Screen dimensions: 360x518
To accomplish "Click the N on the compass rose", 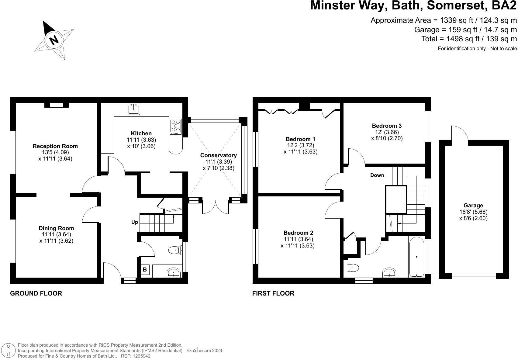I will (x=54, y=40).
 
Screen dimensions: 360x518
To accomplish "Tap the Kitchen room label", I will (x=141, y=133).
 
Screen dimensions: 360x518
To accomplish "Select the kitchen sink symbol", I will (x=133, y=109).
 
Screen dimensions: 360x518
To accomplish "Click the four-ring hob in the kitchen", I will (x=176, y=126).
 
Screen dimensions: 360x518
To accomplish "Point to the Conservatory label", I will (x=218, y=155).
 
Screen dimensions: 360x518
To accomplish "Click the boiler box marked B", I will (x=145, y=269).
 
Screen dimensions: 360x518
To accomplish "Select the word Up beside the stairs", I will (x=135, y=222).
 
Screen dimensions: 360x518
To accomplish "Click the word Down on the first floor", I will (x=377, y=175).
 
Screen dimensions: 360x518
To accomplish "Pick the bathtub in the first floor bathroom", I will (x=416, y=257).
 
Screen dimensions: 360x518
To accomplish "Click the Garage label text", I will (x=473, y=206).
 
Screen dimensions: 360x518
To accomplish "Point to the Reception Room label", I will (x=55, y=146).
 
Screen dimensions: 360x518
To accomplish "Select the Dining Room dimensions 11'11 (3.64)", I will (x=56, y=234).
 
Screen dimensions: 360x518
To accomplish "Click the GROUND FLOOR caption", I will (x=36, y=293).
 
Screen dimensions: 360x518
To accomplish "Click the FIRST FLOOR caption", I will (x=273, y=293).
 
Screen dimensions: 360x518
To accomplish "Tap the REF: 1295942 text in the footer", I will (x=136, y=356).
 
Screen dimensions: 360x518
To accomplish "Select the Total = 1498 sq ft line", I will (x=469, y=39).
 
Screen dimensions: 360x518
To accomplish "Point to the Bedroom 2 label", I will (x=298, y=233).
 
